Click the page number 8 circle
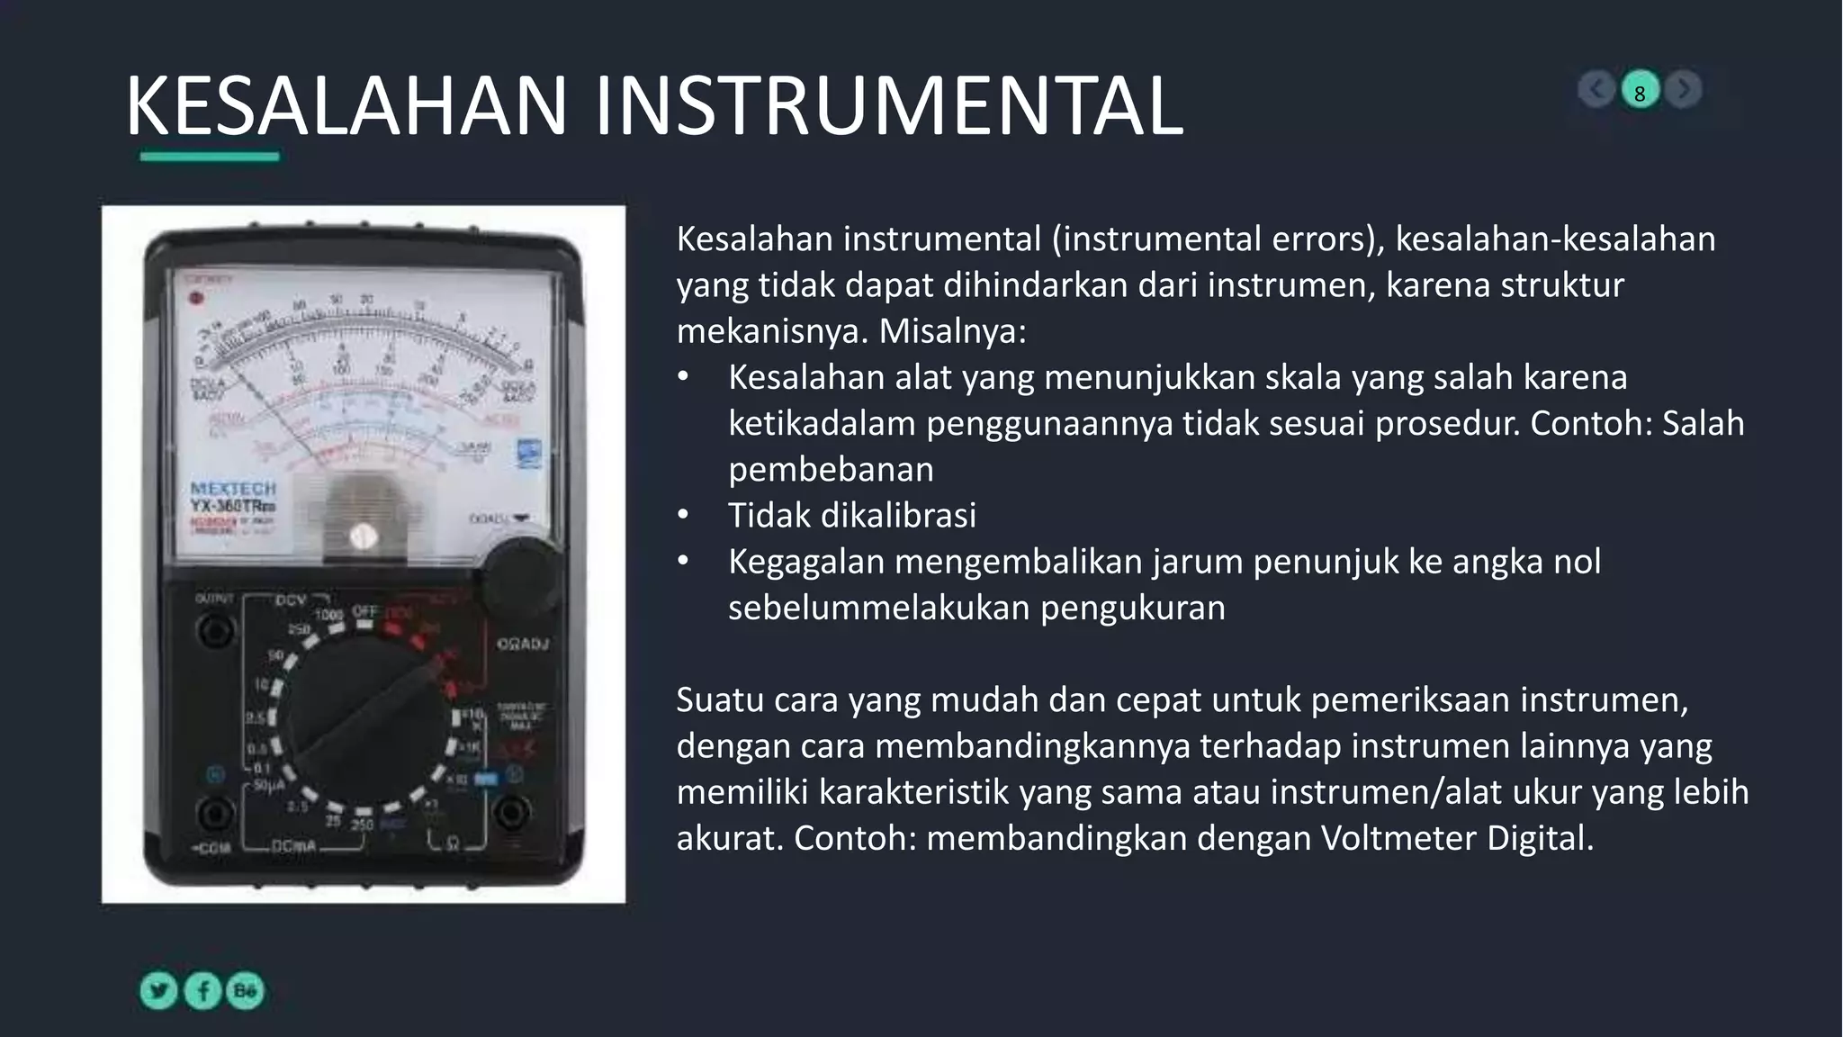[1640, 91]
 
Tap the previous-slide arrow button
[1596, 90]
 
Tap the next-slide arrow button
[1683, 90]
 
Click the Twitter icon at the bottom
[159, 991]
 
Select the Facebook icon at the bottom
[203, 991]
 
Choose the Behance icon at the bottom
[245, 991]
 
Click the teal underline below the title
[210, 157]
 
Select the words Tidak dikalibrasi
[851, 516]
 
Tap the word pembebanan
[831, 470]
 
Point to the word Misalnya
[951, 331]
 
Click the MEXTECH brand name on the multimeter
[233, 489]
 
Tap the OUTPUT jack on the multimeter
[214, 629]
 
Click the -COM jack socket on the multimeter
[214, 815]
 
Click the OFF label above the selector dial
[364, 611]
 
